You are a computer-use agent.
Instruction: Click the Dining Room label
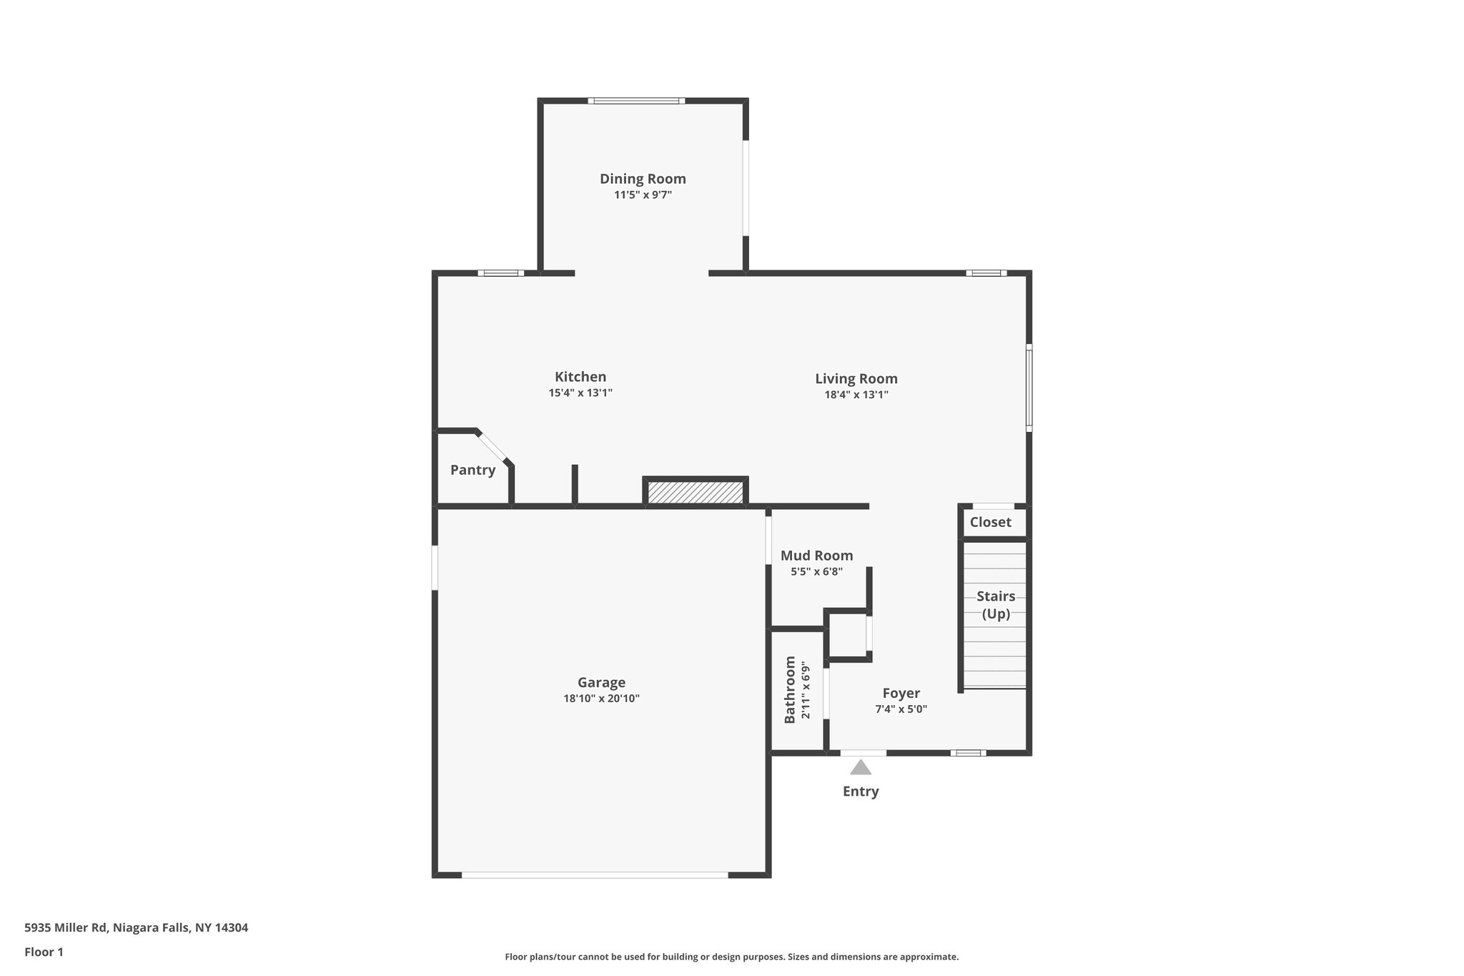[643, 179]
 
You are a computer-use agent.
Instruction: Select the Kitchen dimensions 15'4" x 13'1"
[580, 393]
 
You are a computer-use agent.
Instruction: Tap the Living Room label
[856, 379]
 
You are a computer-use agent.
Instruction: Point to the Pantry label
[473, 470]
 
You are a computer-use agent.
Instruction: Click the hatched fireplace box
[696, 492]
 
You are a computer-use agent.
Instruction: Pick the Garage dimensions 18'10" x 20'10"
[601, 699]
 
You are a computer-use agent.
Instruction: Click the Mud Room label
[816, 556]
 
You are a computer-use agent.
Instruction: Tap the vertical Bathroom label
[790, 689]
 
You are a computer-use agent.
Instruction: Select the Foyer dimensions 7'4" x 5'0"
[901, 709]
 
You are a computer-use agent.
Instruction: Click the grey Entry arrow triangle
[861, 768]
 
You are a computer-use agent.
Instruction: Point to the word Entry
[861, 792]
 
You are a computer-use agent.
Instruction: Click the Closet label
[990, 522]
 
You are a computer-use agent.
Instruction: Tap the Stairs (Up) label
[996, 605]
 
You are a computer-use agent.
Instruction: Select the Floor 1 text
[44, 952]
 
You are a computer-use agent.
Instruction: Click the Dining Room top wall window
[636, 101]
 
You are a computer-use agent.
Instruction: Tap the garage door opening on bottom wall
[595, 874]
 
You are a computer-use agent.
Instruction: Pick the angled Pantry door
[492, 447]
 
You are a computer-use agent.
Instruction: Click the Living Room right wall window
[1029, 388]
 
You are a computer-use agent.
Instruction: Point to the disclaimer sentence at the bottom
[731, 957]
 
